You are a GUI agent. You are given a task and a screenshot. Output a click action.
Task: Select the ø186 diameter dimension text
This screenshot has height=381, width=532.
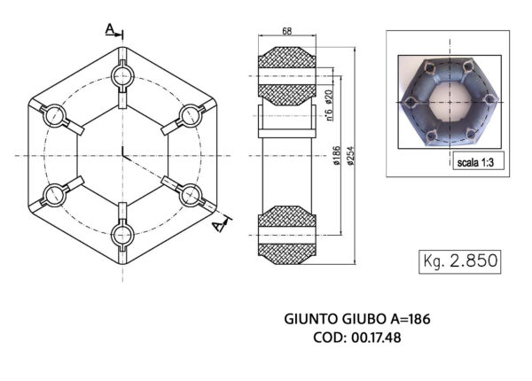tap(338, 157)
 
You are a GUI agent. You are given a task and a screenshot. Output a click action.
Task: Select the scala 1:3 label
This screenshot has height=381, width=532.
tap(475, 162)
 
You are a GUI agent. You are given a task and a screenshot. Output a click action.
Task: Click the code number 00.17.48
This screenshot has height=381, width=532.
tap(378, 337)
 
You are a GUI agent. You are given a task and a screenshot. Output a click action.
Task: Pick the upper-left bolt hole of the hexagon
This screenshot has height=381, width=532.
tap(54, 114)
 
